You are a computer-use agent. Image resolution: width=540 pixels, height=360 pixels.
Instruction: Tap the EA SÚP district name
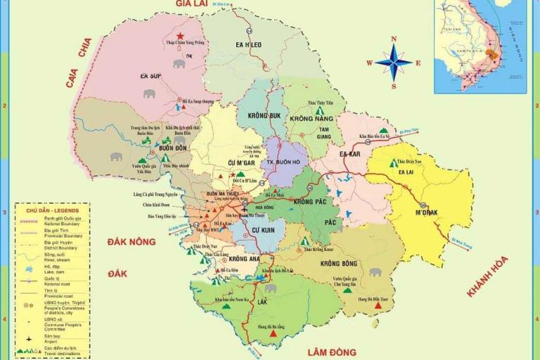(x=151, y=75)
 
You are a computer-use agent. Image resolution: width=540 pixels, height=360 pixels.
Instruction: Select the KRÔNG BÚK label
(x=264, y=115)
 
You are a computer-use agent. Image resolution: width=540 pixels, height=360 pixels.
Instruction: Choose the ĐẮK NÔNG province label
(x=131, y=241)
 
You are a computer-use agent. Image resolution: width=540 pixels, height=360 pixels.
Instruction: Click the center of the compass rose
(x=393, y=62)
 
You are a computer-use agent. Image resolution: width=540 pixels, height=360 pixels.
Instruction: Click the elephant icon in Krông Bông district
(x=375, y=271)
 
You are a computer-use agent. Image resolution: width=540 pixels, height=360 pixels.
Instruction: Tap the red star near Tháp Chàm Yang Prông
(x=181, y=36)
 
